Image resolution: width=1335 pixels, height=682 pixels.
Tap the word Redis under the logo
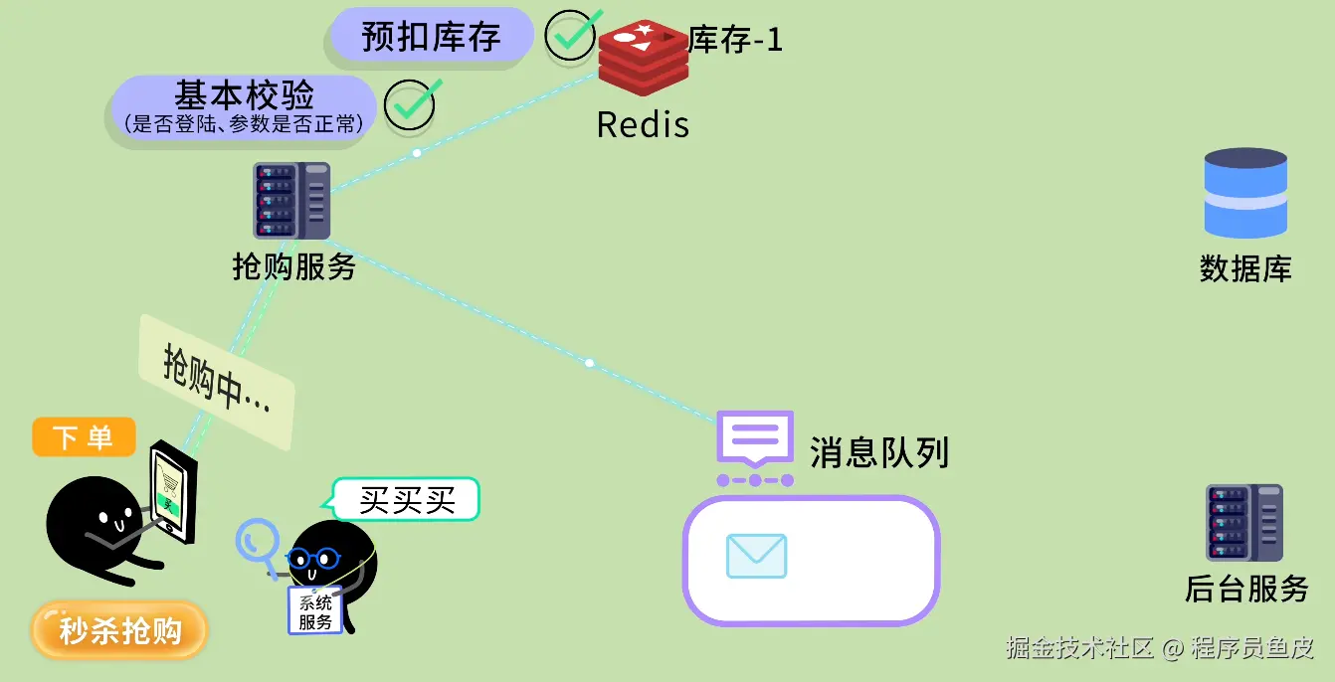pyautogui.click(x=643, y=125)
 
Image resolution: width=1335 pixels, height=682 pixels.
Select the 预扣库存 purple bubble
pyautogui.click(x=431, y=37)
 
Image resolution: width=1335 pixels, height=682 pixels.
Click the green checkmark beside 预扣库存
pyautogui.click(x=574, y=35)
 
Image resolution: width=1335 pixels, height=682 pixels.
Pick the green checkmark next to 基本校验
pyautogui.click(x=411, y=104)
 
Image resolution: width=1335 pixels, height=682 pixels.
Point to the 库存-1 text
pyautogui.click(x=735, y=40)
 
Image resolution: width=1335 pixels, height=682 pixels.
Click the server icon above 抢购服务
pyautogui.click(x=291, y=200)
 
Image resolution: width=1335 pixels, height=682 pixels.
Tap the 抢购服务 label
pyautogui.click(x=294, y=266)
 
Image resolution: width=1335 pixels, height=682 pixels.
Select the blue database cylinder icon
pyautogui.click(x=1245, y=193)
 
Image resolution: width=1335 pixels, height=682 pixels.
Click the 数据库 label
pyautogui.click(x=1245, y=268)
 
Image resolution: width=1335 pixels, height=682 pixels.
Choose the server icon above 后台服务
pyautogui.click(x=1243, y=523)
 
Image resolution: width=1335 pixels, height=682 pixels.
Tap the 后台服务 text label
pyautogui.click(x=1246, y=589)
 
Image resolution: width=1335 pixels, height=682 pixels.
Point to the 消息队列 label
pyautogui.click(x=879, y=453)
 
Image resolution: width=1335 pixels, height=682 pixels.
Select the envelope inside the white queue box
pyautogui.click(x=756, y=556)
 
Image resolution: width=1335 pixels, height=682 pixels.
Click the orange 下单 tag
pyautogui.click(x=84, y=437)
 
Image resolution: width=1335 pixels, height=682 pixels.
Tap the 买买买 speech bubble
pyautogui.click(x=406, y=500)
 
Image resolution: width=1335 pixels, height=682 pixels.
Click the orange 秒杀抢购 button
pyautogui.click(x=119, y=630)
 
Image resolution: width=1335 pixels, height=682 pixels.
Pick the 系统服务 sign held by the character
pyautogui.click(x=315, y=610)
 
